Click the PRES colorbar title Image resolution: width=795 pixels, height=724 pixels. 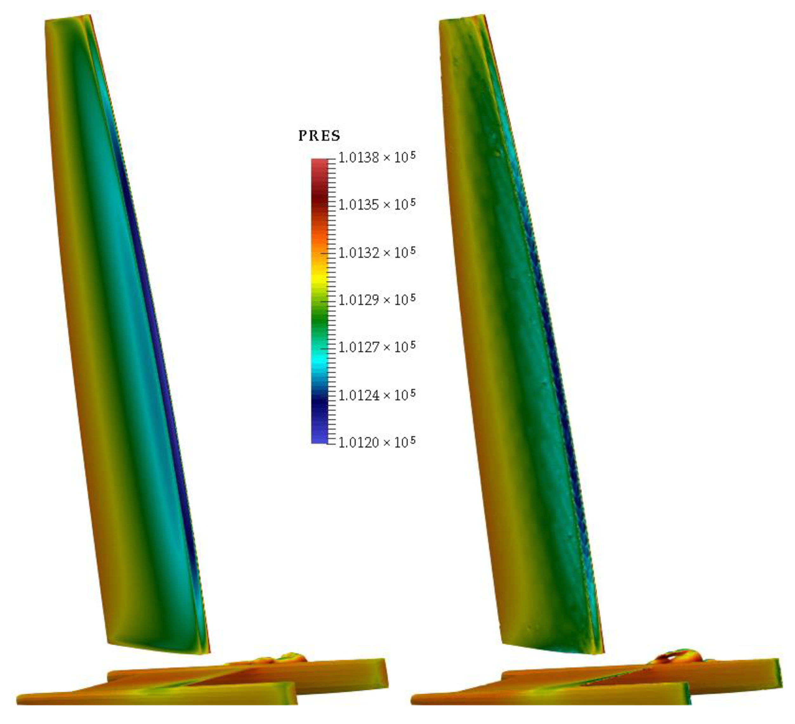[x=319, y=136]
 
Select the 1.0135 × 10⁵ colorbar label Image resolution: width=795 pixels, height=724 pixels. [x=377, y=204]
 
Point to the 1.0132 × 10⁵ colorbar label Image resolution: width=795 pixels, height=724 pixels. [x=377, y=252]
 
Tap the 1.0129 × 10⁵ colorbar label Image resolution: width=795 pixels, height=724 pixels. [x=377, y=300]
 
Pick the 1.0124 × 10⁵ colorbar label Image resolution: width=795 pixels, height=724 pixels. [x=377, y=395]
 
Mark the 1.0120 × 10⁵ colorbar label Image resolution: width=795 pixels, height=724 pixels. [x=377, y=442]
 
